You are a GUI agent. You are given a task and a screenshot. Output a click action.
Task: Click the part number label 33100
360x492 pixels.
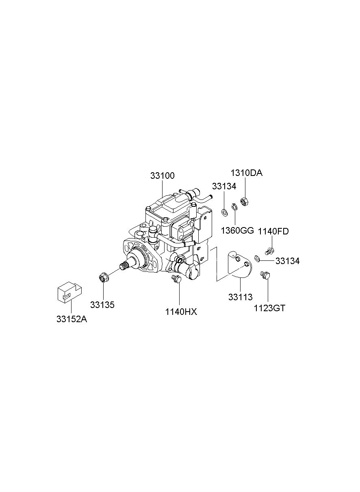pos(162,176)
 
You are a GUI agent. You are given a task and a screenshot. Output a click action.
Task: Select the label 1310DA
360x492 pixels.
pos(247,173)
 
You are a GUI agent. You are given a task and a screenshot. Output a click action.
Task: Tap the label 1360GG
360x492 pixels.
pos(237,231)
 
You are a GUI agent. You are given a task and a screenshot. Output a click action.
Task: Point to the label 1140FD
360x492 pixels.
pos(273,231)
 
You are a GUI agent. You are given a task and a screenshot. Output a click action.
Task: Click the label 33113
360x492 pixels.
pos(241,297)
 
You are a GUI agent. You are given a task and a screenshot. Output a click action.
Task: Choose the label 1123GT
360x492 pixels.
pos(269,308)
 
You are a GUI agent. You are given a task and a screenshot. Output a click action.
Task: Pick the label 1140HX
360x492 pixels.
pos(181,312)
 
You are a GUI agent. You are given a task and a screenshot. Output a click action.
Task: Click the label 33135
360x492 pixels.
pos(102,305)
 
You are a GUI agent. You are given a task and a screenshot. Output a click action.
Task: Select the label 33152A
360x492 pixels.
pos(72,319)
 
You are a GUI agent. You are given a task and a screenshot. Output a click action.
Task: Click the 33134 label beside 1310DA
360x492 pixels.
pos(224,186)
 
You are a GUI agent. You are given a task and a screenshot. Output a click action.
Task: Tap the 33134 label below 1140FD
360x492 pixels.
pos(288,261)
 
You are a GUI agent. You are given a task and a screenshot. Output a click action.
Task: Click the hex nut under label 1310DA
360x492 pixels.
pos(245,202)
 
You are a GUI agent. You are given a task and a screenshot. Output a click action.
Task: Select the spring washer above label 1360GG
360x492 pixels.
pos(234,207)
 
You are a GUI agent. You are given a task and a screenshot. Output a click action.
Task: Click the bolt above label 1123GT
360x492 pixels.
pos(265,275)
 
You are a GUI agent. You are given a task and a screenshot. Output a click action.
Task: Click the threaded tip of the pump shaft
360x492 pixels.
pos(124,267)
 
